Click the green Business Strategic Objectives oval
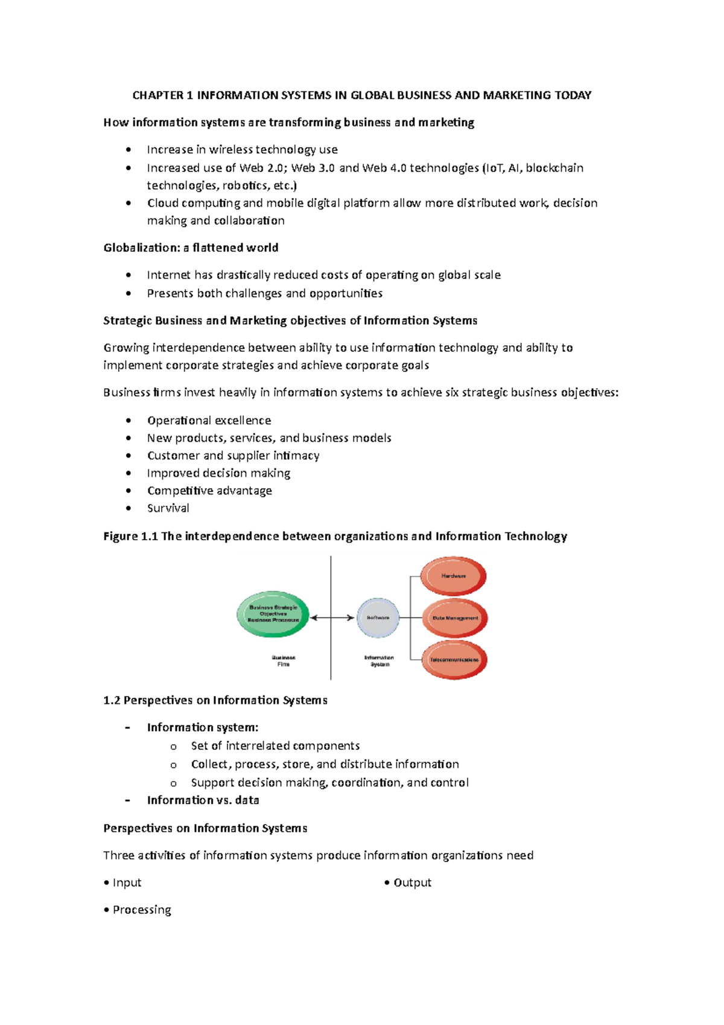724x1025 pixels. click(x=273, y=615)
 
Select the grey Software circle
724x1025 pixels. click(x=378, y=618)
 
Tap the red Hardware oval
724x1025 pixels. click(x=453, y=576)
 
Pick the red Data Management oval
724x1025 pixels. click(x=455, y=618)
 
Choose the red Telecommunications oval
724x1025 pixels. click(x=454, y=660)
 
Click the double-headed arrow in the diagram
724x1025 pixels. click(x=332, y=618)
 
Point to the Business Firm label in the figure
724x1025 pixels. click(x=284, y=661)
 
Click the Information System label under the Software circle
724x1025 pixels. click(x=379, y=661)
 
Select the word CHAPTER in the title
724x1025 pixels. click(x=157, y=95)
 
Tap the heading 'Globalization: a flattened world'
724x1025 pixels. click(x=191, y=247)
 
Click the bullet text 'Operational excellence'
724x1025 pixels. click(x=209, y=420)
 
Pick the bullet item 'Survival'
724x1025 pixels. click(x=168, y=508)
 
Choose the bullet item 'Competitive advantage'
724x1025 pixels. click(x=209, y=491)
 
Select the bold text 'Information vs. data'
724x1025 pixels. click(x=203, y=800)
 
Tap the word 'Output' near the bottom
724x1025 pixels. click(x=412, y=883)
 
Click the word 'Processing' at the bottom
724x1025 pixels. click(x=142, y=910)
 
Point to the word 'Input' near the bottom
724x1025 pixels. click(x=127, y=883)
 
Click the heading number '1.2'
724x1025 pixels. click(x=112, y=700)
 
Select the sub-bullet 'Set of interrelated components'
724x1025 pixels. click(x=275, y=746)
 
